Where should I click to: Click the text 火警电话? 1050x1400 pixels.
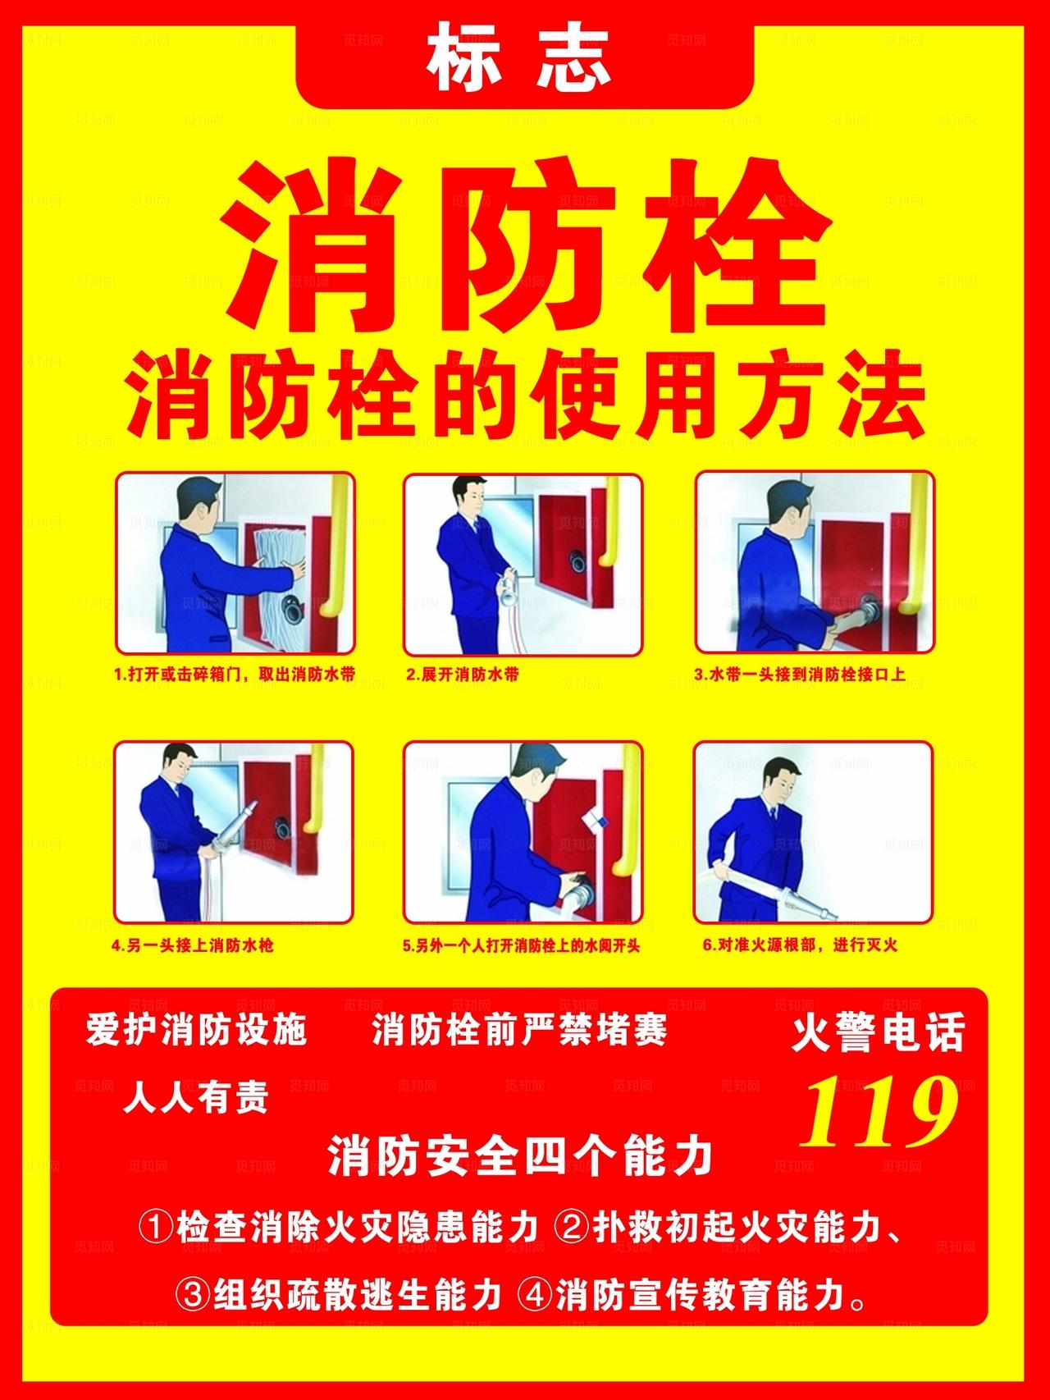coord(878,1033)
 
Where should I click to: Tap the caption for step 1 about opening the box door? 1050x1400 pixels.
coord(235,675)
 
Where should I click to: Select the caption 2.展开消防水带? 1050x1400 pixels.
coord(463,675)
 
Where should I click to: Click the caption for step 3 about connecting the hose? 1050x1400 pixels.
coord(799,675)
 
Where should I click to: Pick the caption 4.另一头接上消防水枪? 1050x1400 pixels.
coord(193,945)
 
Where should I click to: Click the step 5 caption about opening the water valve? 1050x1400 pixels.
coord(521,945)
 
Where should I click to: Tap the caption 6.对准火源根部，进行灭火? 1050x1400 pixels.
coord(800,945)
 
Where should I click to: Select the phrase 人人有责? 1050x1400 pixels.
coord(196,1097)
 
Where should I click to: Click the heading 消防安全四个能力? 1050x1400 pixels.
coord(520,1157)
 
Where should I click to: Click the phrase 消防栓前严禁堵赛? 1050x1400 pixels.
coord(519,1030)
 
